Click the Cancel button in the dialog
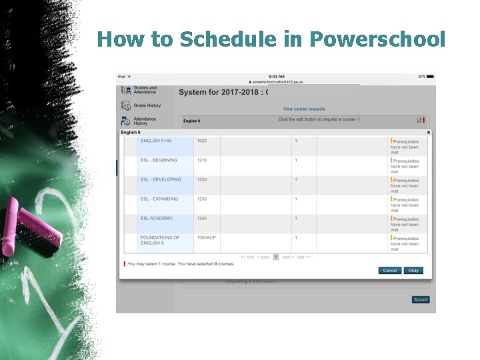[x=389, y=270]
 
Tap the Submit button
[x=421, y=300]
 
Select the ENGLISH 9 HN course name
[x=155, y=141]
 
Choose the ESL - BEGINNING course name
[x=159, y=160]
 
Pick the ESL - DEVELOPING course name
[x=161, y=179]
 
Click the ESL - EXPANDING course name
[x=159, y=199]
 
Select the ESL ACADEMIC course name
[x=157, y=218]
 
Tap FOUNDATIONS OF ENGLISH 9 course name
[x=160, y=240]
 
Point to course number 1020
[x=202, y=141]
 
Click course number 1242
[x=202, y=218]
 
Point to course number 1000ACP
[x=206, y=237]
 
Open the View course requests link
[x=304, y=109]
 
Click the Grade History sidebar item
[x=147, y=105]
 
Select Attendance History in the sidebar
[x=145, y=121]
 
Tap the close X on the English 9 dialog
[x=429, y=133]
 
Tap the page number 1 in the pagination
[x=275, y=257]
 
